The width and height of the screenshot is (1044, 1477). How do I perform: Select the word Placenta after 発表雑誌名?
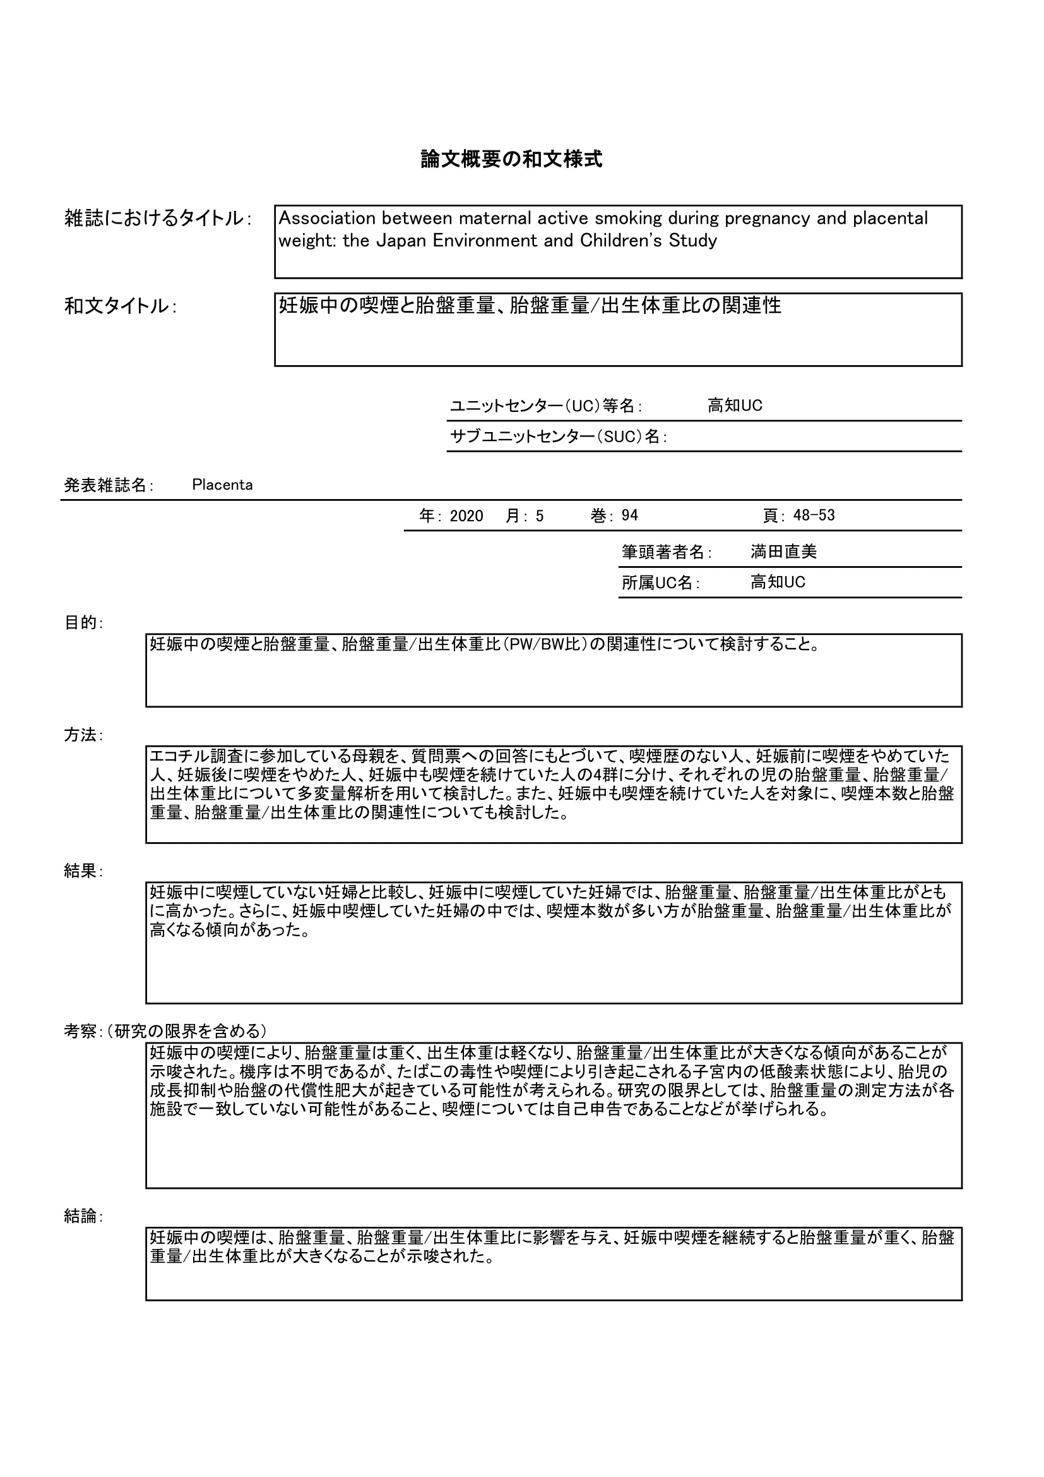coord(222,485)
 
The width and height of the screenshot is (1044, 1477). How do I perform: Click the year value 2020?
coord(466,516)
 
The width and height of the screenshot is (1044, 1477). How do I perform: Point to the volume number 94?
coord(629,515)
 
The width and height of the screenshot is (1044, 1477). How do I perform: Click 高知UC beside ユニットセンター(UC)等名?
coord(735,406)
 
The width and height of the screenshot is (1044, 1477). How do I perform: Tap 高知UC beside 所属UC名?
coord(777,582)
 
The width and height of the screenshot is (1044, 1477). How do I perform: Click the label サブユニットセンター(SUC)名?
coord(558,437)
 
